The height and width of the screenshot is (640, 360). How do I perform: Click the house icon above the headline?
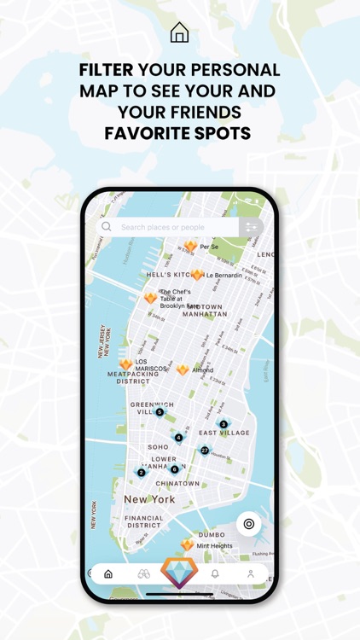click(x=179, y=33)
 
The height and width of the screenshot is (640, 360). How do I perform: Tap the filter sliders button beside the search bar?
click(x=251, y=227)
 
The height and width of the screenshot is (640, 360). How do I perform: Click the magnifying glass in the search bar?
click(x=107, y=227)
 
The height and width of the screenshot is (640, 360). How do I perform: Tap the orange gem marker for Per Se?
click(x=190, y=246)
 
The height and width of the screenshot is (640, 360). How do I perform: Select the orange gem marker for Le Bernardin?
click(x=197, y=275)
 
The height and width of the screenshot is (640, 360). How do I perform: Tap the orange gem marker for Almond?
click(x=183, y=370)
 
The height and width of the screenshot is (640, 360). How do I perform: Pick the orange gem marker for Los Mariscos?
click(x=126, y=364)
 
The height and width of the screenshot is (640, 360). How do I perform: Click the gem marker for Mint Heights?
click(x=187, y=544)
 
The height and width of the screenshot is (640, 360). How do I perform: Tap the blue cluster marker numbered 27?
click(x=205, y=450)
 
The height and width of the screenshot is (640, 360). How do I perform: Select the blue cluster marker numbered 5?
click(x=160, y=412)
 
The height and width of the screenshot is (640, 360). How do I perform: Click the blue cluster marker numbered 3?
click(x=224, y=424)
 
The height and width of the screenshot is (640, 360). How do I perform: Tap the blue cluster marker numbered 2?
click(x=142, y=472)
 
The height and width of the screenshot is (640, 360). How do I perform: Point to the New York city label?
click(x=149, y=499)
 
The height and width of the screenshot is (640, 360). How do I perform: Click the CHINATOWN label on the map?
click(x=177, y=484)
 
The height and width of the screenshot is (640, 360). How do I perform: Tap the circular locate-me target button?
click(x=249, y=524)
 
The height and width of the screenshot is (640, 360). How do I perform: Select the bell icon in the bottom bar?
click(x=215, y=574)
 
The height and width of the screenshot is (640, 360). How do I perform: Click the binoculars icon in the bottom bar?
click(x=143, y=574)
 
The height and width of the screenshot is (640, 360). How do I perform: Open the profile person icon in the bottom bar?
click(x=250, y=574)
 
